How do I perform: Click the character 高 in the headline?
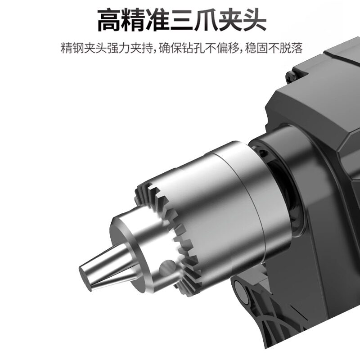tap(109, 20)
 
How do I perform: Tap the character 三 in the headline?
tap(181, 20)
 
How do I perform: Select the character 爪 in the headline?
tap(206, 20)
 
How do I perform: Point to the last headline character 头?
tap(254, 20)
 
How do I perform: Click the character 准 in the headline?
tap(157, 20)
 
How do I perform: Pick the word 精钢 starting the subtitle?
tap(72, 48)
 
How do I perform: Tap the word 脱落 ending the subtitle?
tap(291, 48)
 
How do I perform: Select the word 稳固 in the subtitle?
tap(256, 48)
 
